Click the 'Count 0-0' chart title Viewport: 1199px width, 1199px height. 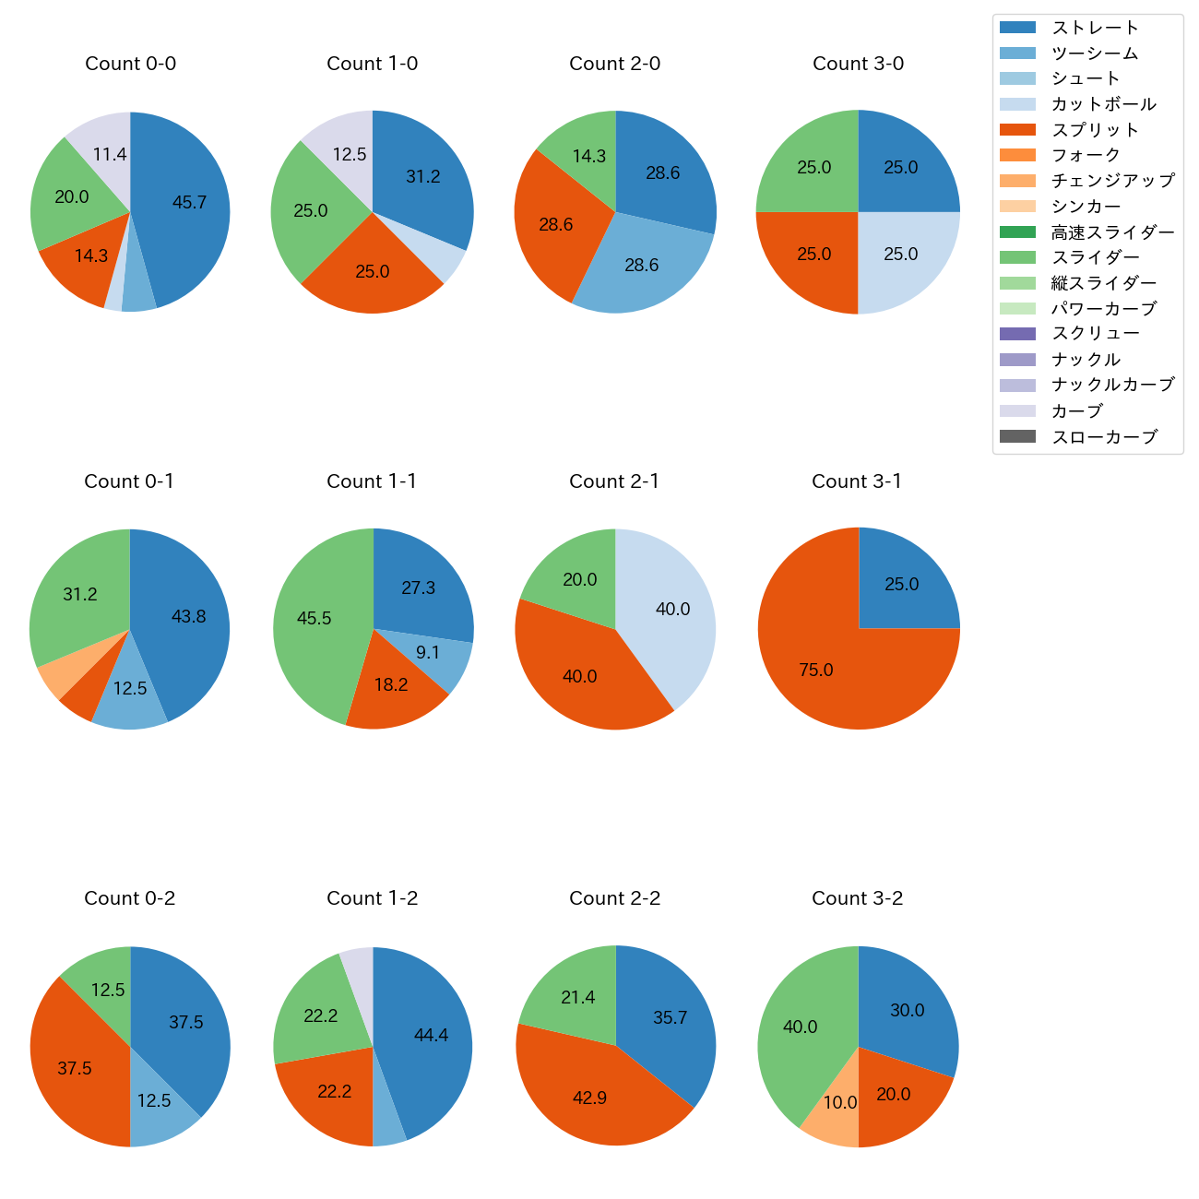click(x=130, y=64)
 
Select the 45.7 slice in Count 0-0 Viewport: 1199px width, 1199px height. click(x=184, y=208)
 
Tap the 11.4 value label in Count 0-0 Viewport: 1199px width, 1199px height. click(x=110, y=154)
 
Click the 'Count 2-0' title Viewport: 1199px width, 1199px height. click(x=615, y=64)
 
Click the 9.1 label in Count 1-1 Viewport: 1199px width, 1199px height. click(x=428, y=653)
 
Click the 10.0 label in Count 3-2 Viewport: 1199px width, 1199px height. click(x=840, y=1102)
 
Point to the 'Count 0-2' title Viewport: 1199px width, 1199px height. click(x=130, y=898)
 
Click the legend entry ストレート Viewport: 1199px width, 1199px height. click(x=1095, y=28)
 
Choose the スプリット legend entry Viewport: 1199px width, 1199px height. click(x=1095, y=130)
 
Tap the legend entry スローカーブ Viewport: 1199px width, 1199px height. click(x=1104, y=437)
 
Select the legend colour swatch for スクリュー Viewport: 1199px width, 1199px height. click(x=1017, y=334)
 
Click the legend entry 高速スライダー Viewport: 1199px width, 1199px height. click(x=1112, y=232)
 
